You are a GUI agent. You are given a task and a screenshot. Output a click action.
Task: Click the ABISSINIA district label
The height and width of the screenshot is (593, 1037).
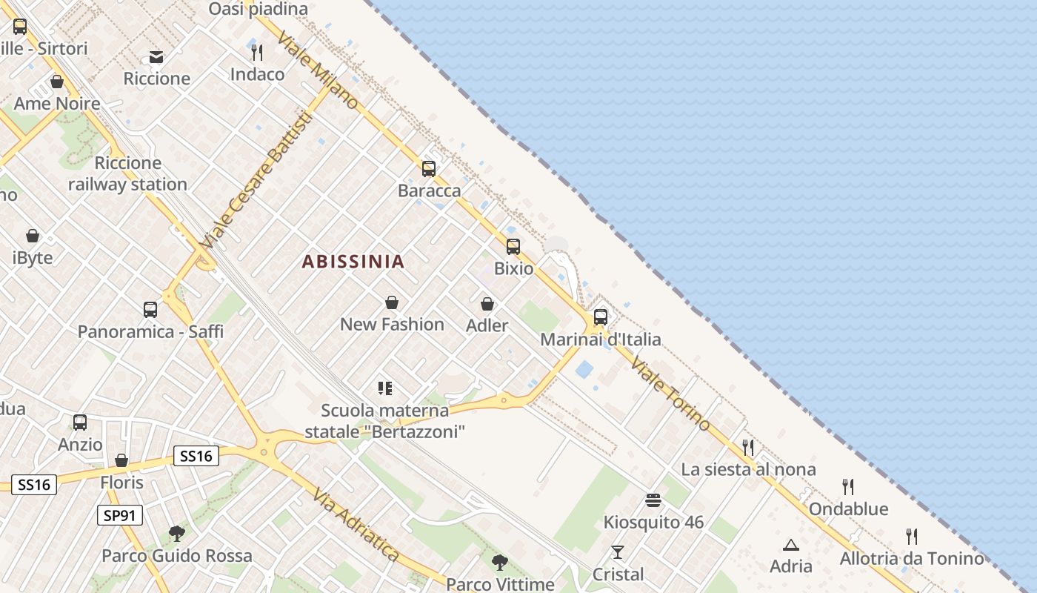tap(353, 262)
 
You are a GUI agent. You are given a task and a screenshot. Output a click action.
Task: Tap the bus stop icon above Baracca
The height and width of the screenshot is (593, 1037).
tap(429, 169)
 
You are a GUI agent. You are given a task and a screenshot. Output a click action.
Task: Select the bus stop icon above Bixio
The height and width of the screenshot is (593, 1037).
tap(513, 247)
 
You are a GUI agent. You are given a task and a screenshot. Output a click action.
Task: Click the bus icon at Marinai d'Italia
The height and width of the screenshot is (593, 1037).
tap(601, 317)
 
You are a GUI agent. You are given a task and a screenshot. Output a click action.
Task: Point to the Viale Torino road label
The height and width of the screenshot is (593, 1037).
tap(672, 396)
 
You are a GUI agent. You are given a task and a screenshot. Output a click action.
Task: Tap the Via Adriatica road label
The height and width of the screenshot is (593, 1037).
tap(356, 525)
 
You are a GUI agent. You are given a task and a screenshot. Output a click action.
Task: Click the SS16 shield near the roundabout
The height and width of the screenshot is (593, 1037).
tap(196, 456)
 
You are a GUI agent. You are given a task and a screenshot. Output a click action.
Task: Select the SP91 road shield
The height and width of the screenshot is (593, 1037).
tap(119, 515)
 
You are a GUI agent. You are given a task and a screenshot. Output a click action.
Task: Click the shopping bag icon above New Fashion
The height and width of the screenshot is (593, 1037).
tap(392, 302)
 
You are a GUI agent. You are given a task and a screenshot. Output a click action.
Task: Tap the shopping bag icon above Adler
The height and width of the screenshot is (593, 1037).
tap(487, 304)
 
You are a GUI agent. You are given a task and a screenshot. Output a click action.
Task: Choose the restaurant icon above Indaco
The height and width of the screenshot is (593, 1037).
tap(257, 53)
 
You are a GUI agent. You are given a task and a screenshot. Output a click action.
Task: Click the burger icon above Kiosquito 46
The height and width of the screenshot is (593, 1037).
tap(653, 500)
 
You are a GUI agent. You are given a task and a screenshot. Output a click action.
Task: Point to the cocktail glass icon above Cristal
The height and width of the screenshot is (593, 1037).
tap(618, 552)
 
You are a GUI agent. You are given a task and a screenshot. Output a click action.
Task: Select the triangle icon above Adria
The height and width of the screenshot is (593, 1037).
tap(791, 545)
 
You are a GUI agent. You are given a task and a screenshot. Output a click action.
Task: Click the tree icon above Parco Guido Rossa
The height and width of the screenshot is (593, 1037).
tap(176, 533)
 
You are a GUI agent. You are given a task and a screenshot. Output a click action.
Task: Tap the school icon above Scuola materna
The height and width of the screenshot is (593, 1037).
tap(384, 388)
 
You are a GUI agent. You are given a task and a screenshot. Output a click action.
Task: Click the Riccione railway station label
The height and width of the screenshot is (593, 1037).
tap(127, 173)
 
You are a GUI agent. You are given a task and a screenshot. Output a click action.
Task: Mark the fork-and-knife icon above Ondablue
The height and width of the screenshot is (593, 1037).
tap(848, 487)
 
